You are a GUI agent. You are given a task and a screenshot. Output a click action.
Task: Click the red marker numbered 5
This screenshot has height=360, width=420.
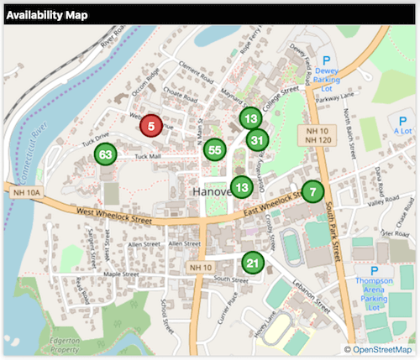(x=150, y=127)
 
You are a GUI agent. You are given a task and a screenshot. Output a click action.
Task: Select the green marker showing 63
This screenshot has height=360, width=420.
(x=105, y=155)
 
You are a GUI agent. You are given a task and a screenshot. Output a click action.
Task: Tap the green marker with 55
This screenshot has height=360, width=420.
(x=214, y=150)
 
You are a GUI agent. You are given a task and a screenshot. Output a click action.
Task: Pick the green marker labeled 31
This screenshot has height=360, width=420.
(x=257, y=140)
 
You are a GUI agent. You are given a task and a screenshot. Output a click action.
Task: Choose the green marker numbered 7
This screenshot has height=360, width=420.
(x=312, y=192)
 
